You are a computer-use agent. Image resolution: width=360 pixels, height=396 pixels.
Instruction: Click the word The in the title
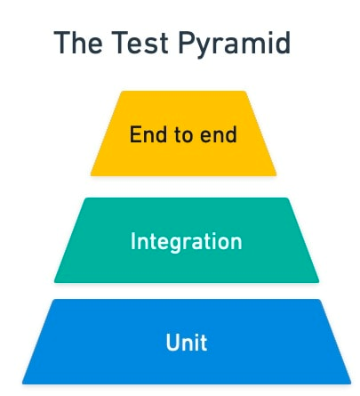point(78,43)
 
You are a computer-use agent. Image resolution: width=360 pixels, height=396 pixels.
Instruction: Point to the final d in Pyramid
point(283,43)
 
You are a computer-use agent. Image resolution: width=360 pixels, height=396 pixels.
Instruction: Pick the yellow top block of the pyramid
point(183,133)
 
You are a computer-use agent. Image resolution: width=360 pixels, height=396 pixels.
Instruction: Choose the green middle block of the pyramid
point(187,240)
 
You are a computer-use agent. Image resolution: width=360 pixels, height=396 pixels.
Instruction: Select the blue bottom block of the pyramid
point(187,342)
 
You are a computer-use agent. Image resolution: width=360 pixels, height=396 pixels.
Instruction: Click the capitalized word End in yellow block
point(148,134)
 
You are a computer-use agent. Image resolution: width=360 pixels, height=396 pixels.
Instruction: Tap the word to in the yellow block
point(183,135)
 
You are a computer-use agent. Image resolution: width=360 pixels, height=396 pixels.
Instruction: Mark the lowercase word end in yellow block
point(219,134)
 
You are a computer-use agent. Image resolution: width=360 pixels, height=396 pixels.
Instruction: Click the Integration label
point(187,242)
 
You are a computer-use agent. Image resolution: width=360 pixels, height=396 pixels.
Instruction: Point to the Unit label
point(187,343)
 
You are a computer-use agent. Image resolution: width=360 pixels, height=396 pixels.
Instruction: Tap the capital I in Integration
point(132,241)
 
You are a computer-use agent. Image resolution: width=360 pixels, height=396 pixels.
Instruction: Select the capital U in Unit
point(172,343)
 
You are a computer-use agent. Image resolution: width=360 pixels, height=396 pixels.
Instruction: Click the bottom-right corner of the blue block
point(351,384)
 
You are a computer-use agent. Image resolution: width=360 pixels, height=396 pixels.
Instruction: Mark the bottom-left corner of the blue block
point(22,384)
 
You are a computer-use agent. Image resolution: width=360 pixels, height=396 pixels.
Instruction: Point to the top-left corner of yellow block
point(122,92)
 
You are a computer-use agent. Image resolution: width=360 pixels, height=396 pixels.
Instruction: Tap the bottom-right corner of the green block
point(319,282)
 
